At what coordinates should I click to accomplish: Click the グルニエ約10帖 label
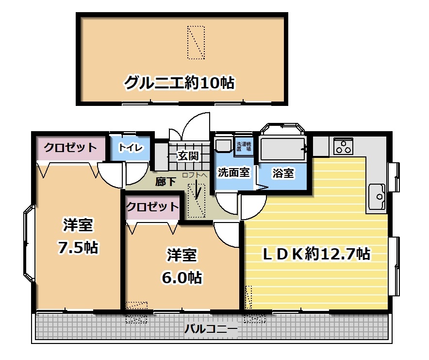coord(180,83)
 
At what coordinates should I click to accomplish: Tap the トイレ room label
coord(131,148)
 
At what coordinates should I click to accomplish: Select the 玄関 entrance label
coord(188,156)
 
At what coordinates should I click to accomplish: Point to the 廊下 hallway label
coord(165,181)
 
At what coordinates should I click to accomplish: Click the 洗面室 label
coord(233,172)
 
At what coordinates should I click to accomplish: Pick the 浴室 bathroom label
coord(283,173)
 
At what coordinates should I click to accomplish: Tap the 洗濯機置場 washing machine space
coord(244,146)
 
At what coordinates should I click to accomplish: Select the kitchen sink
coord(377,196)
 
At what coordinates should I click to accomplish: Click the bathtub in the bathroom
coord(282,149)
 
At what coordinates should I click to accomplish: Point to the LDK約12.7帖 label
coord(316,254)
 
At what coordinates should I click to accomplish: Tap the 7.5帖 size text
coord(78,248)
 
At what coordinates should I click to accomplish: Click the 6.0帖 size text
coord(182,278)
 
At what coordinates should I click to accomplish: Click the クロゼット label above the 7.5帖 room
coord(70,148)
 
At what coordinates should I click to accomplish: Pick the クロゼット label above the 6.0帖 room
coord(152,206)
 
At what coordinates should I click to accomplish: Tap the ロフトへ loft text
coord(195,175)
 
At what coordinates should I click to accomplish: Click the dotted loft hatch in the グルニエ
coord(196,42)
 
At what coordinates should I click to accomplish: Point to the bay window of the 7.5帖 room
coord(29,243)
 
